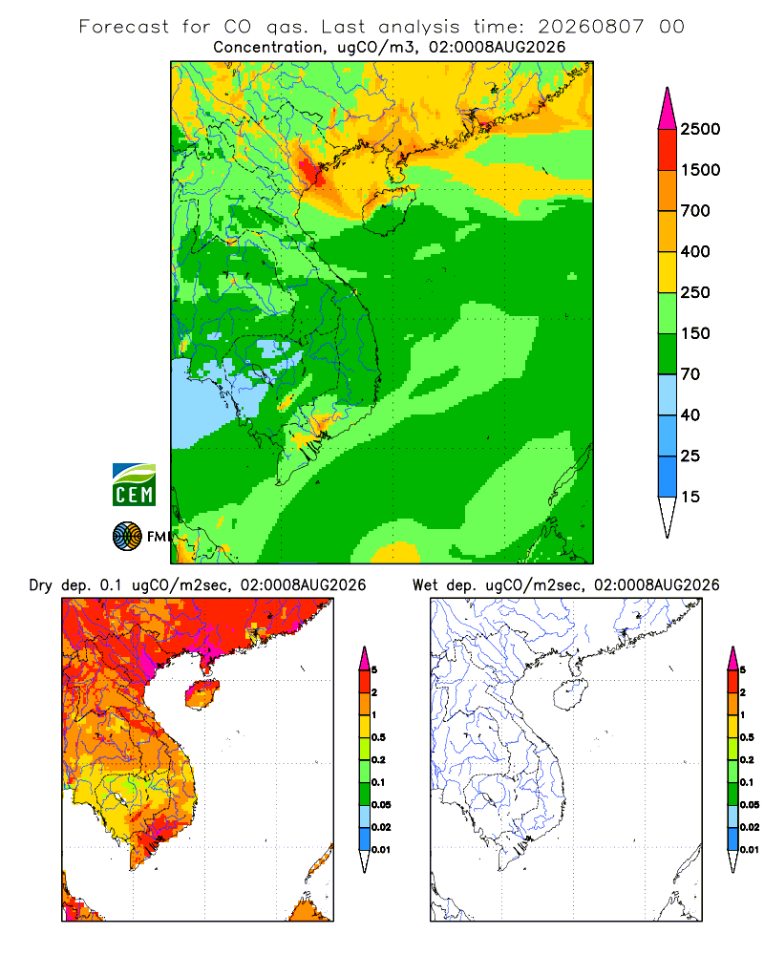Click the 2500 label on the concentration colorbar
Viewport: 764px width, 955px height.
click(700, 129)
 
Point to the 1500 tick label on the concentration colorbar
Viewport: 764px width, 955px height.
click(700, 170)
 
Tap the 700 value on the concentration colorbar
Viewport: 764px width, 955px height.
click(695, 211)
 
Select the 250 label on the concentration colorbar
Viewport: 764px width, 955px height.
click(695, 292)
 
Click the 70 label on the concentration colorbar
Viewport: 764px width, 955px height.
click(690, 374)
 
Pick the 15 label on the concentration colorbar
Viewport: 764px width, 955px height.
click(690, 497)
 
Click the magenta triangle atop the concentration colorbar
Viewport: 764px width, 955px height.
click(668, 109)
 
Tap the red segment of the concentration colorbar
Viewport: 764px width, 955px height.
click(668, 150)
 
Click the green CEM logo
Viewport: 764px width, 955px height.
click(134, 484)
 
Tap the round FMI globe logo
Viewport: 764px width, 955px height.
click(127, 537)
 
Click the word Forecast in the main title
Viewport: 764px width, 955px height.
click(124, 27)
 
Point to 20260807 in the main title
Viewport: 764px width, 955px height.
click(590, 27)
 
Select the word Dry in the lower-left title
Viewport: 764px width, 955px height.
click(41, 585)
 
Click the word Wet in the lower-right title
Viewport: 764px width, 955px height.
click(425, 585)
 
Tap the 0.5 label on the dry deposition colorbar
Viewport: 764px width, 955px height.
click(378, 737)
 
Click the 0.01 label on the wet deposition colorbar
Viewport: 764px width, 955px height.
click(750, 850)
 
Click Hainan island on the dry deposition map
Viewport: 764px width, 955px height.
click(202, 694)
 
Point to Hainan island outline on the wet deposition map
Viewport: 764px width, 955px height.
click(571, 694)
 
